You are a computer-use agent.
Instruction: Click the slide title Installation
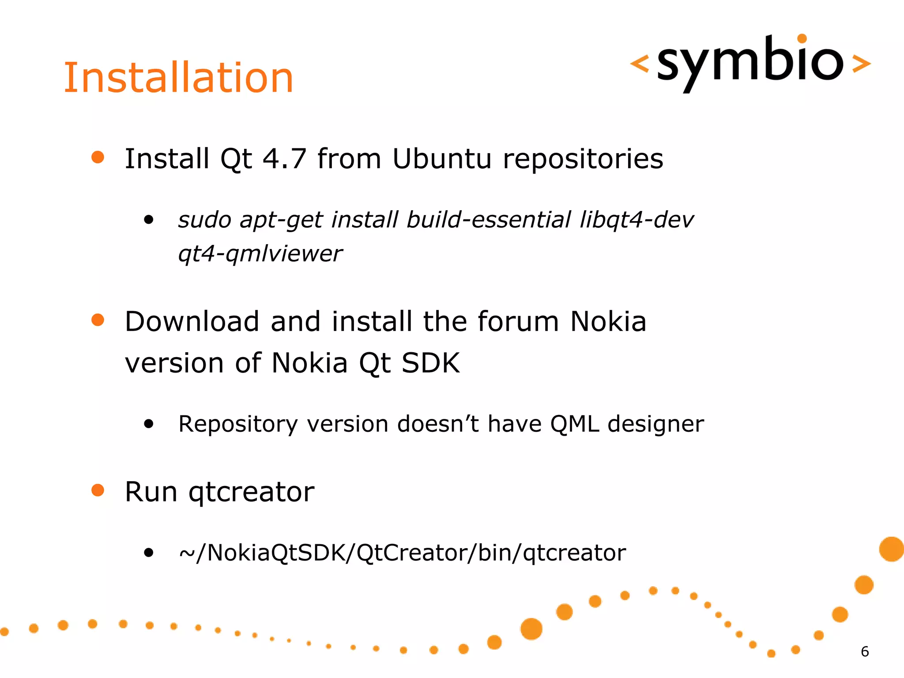[178, 78]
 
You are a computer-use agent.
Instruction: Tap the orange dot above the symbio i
[802, 39]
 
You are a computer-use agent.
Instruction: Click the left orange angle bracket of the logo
[639, 64]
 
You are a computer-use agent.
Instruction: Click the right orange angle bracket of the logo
[861, 64]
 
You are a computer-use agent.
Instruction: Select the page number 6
[865, 652]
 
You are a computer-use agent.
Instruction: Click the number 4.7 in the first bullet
[284, 159]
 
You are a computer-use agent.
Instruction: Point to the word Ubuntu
[441, 159]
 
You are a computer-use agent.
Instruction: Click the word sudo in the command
[204, 220]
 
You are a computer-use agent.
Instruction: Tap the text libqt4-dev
[637, 220]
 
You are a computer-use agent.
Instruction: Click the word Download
[192, 321]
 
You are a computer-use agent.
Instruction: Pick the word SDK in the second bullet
[430, 363]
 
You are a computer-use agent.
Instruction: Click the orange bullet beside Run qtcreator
[98, 490]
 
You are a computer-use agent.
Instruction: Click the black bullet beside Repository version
[149, 424]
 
